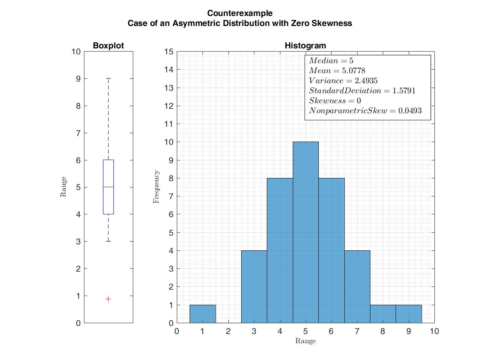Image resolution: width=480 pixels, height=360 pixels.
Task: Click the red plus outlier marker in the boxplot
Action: (x=108, y=299)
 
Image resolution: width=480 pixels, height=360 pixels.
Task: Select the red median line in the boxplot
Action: (x=108, y=187)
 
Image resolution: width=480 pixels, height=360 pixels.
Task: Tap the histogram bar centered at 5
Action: (x=306, y=232)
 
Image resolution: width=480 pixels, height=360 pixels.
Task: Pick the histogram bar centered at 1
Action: (x=202, y=314)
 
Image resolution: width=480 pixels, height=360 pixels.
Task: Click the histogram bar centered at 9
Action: (x=408, y=314)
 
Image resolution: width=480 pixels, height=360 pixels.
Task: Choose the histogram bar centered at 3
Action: (x=254, y=286)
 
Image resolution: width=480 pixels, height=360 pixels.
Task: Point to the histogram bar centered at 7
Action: (x=357, y=286)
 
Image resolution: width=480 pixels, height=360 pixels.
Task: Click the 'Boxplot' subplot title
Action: (x=108, y=46)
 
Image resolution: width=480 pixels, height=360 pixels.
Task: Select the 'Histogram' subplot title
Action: (x=305, y=46)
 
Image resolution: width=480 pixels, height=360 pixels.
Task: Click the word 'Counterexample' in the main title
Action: (x=240, y=14)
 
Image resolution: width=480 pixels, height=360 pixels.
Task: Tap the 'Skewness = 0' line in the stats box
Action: (x=335, y=101)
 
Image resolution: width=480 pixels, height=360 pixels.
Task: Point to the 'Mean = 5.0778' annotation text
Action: (x=337, y=71)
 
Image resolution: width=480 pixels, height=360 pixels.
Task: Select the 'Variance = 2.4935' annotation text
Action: (x=343, y=81)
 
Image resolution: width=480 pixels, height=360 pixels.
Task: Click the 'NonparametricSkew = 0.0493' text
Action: (x=365, y=111)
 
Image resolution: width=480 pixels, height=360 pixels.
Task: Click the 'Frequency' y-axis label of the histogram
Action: (x=156, y=187)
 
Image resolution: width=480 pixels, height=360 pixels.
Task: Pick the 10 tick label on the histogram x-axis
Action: (x=434, y=331)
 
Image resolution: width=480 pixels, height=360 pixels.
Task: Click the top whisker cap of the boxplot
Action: (x=108, y=79)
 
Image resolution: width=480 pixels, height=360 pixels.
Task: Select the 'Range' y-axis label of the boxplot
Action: (x=63, y=187)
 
